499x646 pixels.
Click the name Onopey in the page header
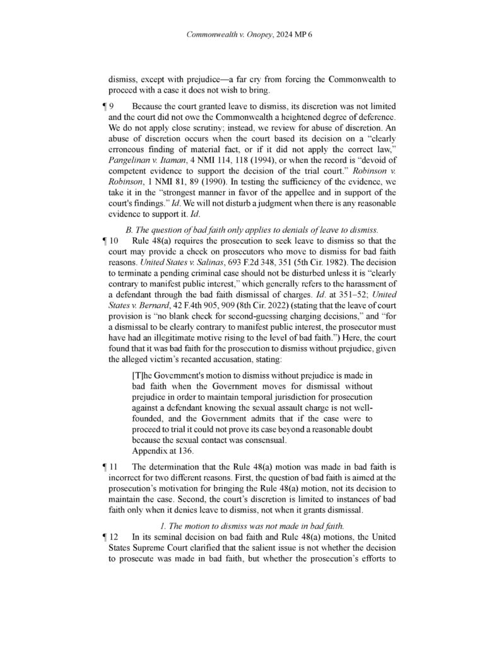pos(259,35)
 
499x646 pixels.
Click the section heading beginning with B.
pos(252,228)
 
